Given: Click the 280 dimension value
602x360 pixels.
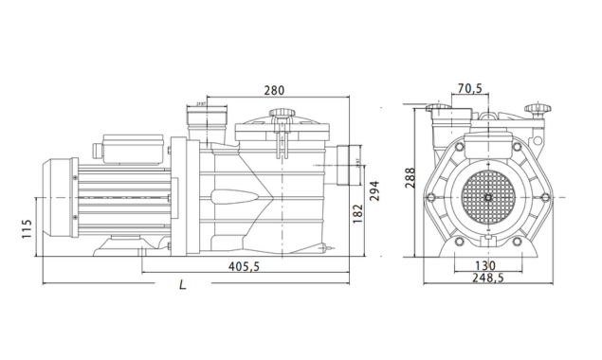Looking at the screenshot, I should click(x=274, y=91).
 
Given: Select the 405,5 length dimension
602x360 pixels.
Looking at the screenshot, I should click(x=244, y=267).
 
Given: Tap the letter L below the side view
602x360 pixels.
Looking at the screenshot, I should click(x=181, y=284).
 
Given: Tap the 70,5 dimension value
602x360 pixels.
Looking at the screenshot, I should click(x=470, y=90).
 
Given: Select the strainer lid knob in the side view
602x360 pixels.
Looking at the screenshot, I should click(x=281, y=117).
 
